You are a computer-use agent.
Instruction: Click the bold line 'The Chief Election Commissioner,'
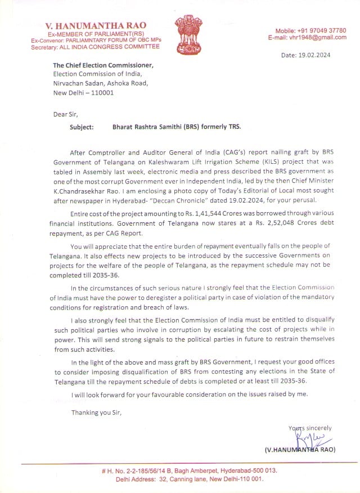tap(103, 65)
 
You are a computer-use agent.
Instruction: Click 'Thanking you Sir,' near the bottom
tap(96, 413)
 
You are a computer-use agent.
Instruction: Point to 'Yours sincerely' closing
tap(310, 428)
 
